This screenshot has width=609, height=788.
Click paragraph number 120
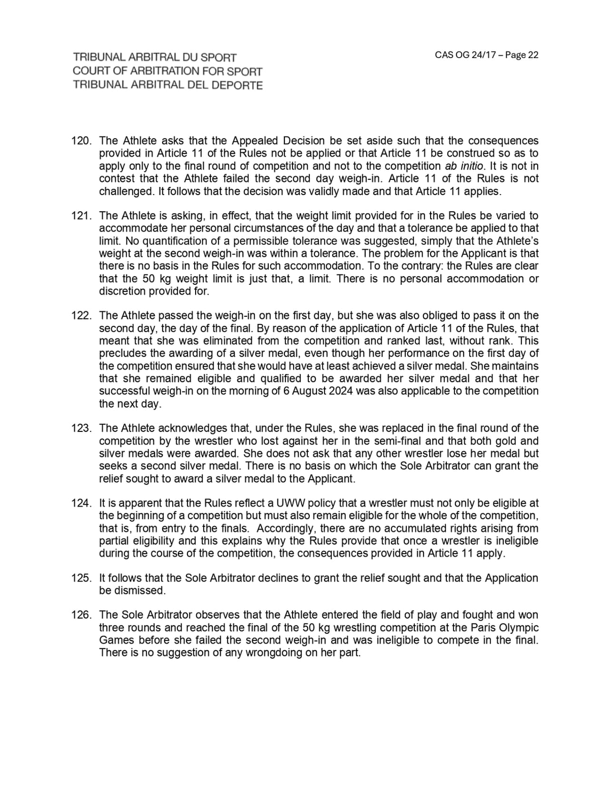[81, 141]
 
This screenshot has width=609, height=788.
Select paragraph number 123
[81, 428]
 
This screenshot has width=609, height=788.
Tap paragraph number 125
[81, 578]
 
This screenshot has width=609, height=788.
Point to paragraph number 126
[81, 615]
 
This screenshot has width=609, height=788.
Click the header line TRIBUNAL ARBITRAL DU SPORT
[155, 58]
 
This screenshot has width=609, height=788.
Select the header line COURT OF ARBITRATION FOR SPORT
[167, 71]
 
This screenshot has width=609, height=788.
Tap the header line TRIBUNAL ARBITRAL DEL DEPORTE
[167, 85]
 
